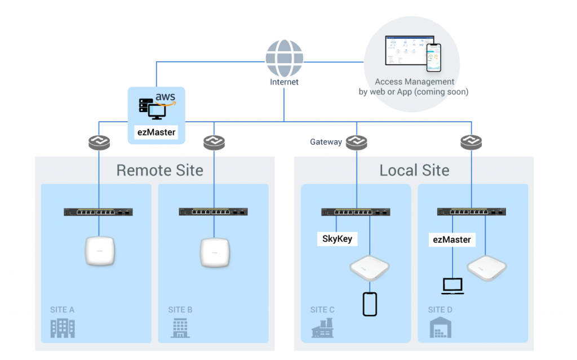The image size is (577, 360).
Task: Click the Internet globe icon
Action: coord(284,58)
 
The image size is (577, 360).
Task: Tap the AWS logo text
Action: coord(166,99)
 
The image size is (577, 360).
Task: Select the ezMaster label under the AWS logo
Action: coord(156,133)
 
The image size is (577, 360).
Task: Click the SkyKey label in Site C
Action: coord(337,239)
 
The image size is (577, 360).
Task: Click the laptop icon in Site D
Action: coord(452,286)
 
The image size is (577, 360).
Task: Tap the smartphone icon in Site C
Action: coord(370,304)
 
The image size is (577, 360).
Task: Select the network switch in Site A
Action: coord(99,212)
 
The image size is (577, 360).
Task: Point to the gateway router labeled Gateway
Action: coord(356,143)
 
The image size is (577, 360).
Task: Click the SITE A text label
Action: coord(63,310)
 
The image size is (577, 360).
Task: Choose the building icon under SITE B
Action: coord(180,328)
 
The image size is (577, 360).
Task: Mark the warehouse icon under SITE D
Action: coord(441,328)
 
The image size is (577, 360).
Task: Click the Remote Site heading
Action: coord(159,170)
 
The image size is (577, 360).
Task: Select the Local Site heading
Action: coord(414,170)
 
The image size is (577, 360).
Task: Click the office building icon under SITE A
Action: coord(63,328)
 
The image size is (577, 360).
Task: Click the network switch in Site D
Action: coord(472,212)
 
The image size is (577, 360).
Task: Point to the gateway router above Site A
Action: coord(99,143)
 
